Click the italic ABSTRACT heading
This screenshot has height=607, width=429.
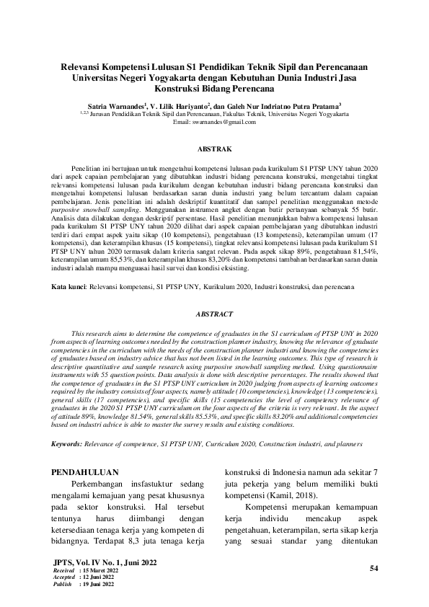pos(214,315)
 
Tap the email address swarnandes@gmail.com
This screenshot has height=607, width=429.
pos(214,122)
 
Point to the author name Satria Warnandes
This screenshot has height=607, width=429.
pos(112,104)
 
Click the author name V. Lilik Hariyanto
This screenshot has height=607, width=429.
pos(179,104)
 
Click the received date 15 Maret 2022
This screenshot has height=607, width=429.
pos(96,571)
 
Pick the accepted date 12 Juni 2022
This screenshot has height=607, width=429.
pos(94,577)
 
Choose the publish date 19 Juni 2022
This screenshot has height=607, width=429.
pos(94,584)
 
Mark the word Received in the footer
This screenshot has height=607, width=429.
pos(64,571)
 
